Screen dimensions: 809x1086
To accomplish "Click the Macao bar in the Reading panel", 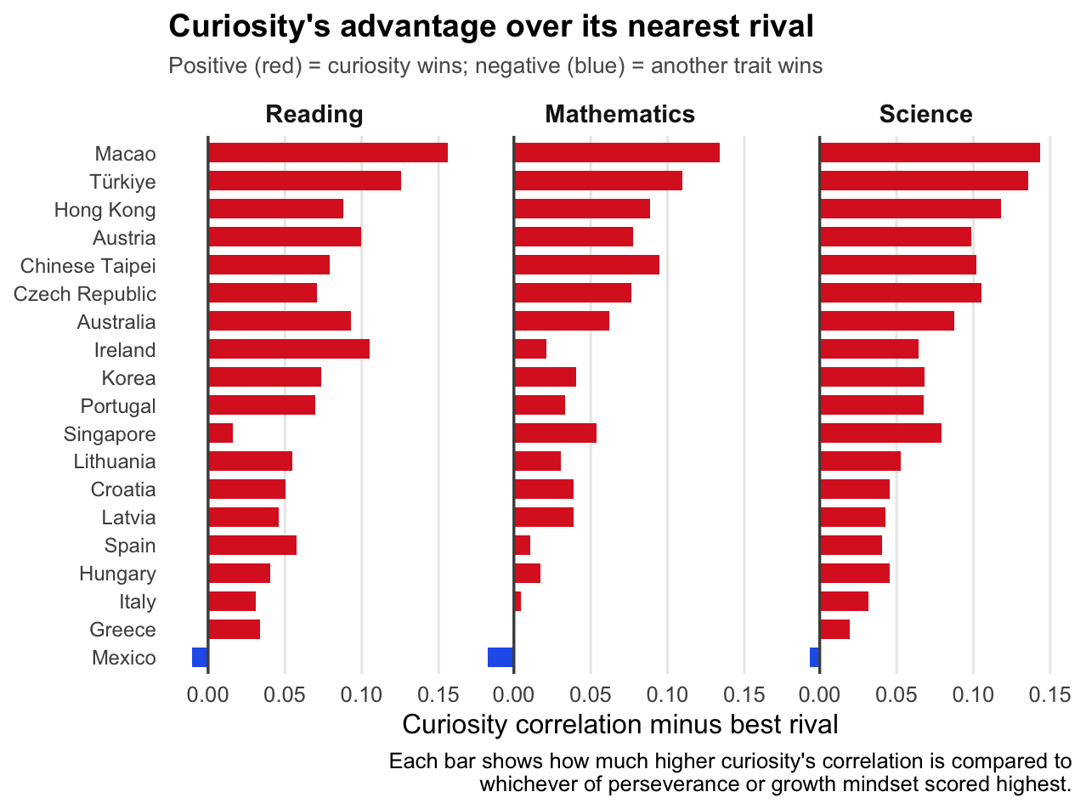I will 327,153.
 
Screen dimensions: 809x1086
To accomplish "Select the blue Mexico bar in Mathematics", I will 501,657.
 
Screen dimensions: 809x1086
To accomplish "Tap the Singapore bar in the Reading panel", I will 220,433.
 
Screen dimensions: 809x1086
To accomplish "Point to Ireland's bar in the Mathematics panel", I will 530,349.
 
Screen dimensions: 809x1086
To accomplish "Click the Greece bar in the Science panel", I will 834,630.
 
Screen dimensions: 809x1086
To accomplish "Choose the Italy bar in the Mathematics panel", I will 518,602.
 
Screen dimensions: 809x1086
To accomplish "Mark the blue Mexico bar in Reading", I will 200,657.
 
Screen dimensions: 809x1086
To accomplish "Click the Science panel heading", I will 925,115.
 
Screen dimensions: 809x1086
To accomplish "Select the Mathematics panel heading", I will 619,115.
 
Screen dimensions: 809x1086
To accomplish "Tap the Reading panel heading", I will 314,115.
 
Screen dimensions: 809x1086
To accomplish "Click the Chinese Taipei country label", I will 88,266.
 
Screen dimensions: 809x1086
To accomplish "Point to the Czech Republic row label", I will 85,294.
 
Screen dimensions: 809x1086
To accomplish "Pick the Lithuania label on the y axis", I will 115,461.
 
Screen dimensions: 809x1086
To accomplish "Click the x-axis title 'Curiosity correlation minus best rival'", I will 619,725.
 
